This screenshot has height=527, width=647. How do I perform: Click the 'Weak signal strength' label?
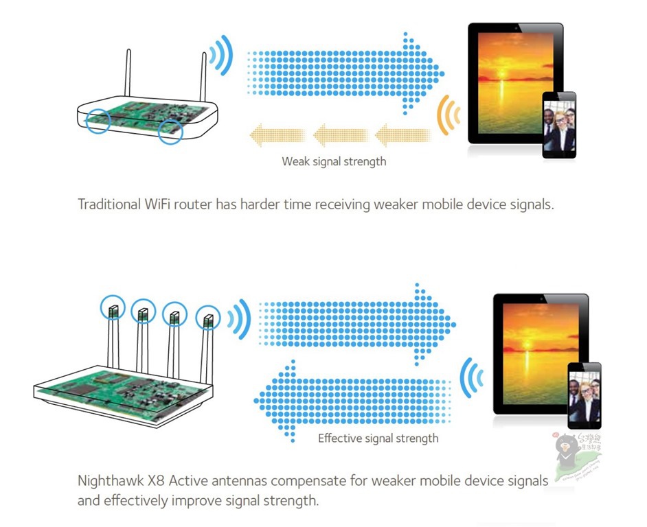pyautogui.click(x=334, y=162)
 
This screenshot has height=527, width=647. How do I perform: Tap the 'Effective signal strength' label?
pyautogui.click(x=378, y=438)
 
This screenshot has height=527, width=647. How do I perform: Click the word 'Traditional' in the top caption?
pyautogui.click(x=110, y=204)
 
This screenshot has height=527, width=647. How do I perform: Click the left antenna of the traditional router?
pyautogui.click(x=127, y=75)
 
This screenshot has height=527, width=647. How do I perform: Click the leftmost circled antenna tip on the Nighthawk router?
pyautogui.click(x=113, y=311)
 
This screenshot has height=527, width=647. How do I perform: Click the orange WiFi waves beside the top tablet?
pyautogui.click(x=449, y=114)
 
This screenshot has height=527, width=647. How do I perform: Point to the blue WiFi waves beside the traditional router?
pyautogui.click(x=221, y=56)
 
